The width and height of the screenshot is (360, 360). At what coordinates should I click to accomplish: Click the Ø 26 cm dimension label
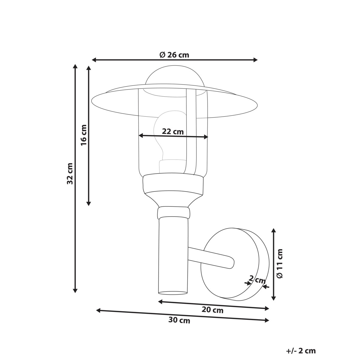pos(174,55)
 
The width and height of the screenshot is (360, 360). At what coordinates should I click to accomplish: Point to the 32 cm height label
pos(70,173)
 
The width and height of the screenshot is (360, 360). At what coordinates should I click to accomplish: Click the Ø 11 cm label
pos(280,263)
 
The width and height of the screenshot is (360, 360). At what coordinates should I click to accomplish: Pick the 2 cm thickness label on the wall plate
pos(257,280)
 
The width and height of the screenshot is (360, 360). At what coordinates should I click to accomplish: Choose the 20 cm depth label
pos(212,310)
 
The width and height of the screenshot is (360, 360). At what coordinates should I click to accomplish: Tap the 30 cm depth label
pos(179,320)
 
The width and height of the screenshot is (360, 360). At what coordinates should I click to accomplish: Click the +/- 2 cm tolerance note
pos(301,351)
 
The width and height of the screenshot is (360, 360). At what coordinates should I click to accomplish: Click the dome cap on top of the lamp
pos(175,76)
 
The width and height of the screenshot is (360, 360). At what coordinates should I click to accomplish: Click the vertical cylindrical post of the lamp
pos(173,255)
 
